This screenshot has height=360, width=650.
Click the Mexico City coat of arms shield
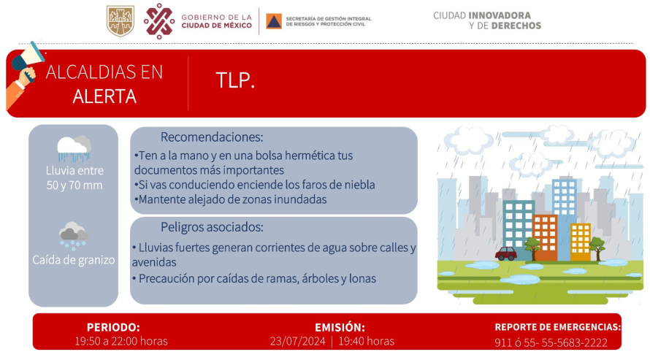[121, 20]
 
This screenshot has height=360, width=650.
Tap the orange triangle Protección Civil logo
[274, 21]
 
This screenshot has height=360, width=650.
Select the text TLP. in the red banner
[235, 80]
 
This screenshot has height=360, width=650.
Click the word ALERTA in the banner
[104, 96]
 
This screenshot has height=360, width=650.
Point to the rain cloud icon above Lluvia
[74, 148]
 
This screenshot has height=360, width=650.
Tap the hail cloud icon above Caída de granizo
[73, 236]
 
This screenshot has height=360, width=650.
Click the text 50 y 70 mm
[74, 185]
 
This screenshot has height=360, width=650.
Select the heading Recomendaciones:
[212, 137]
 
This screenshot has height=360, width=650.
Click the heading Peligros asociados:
[212, 227]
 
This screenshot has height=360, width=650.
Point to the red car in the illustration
[505, 253]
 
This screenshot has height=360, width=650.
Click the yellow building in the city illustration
[581, 242]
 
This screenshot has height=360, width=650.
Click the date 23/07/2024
[298, 341]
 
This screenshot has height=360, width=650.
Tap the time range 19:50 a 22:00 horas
[121, 341]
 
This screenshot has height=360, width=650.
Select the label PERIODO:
[113, 327]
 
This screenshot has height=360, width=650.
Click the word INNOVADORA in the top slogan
[500, 15]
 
